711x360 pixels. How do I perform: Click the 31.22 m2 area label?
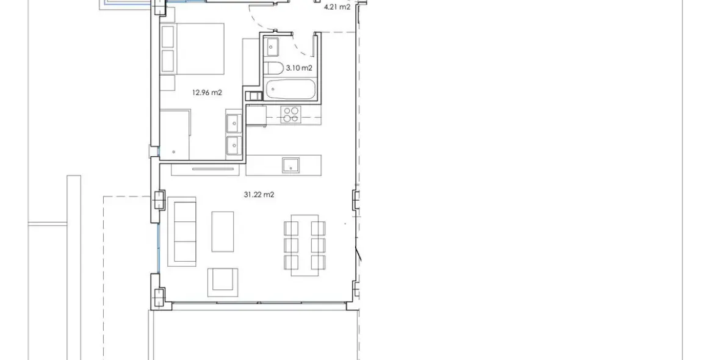259,195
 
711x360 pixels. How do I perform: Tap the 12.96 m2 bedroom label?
207,93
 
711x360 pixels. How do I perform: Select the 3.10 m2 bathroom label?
299,68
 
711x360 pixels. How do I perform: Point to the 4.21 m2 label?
337,7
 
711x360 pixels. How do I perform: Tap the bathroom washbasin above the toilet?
272,46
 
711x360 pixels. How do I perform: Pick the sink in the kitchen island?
291,165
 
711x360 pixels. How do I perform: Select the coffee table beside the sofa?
223,231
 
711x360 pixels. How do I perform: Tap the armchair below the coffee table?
223,281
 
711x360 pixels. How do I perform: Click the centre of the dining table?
304,245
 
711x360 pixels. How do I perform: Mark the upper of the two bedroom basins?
233,123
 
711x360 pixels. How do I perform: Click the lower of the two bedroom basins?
233,146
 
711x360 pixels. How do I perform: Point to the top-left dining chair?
291,228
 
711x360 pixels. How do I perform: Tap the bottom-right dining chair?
318,262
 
